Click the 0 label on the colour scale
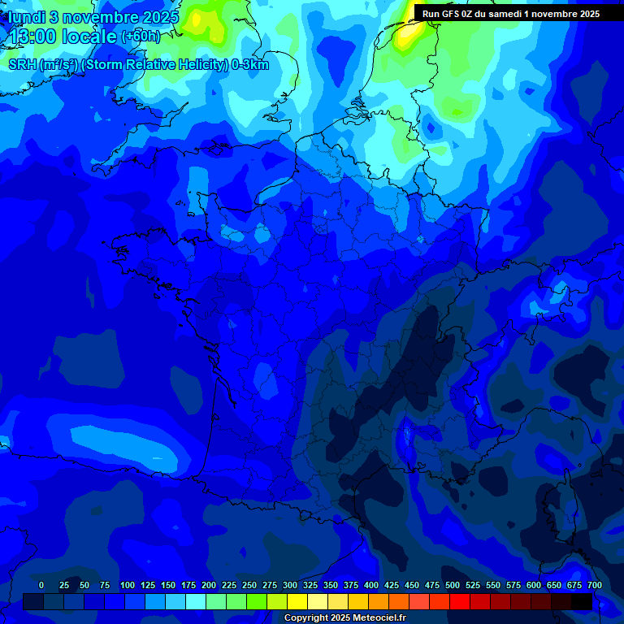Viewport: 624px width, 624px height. click(x=41, y=585)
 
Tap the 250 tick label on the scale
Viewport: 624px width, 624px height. click(x=249, y=585)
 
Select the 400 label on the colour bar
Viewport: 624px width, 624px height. click(x=371, y=585)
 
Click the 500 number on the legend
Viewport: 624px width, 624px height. click(x=453, y=585)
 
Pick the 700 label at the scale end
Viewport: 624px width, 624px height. click(x=594, y=585)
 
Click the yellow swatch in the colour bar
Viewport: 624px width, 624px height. click(x=297, y=601)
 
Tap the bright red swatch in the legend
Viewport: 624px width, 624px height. click(x=460, y=601)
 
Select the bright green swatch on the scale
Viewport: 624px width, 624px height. click(x=257, y=601)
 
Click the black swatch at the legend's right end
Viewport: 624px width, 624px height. click(x=582, y=601)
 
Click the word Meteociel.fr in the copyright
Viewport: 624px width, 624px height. click(x=379, y=618)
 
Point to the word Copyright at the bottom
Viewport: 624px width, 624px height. click(x=306, y=618)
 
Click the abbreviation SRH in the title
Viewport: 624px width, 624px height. click(x=22, y=65)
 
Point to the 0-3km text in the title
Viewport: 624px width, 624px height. click(x=250, y=65)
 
